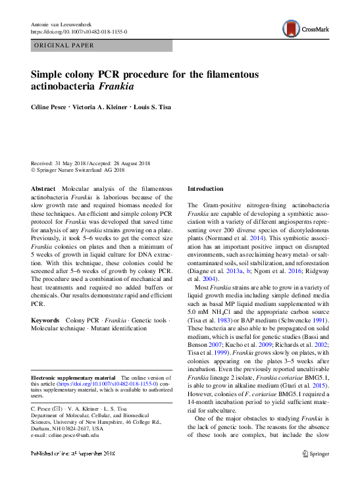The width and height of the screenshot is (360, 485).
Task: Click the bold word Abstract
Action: click(x=43, y=188)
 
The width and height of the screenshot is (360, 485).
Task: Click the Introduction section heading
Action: click(x=205, y=188)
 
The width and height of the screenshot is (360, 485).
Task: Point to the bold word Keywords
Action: click(x=45, y=320)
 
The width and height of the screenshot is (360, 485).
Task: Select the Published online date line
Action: click(x=73, y=454)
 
